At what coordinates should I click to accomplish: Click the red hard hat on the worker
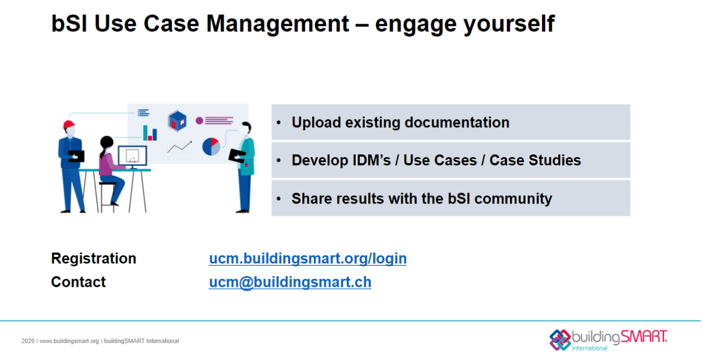point(68,124)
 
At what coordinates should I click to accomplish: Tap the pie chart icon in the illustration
point(211,147)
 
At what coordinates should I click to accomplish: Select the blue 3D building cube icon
point(178,120)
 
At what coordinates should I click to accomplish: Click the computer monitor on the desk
point(132,157)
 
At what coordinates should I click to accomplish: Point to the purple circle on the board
point(200,120)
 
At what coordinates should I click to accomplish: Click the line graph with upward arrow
point(180,147)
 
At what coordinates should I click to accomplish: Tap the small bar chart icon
point(150,133)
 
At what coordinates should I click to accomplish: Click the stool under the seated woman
point(108,196)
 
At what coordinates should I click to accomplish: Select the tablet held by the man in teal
point(237,155)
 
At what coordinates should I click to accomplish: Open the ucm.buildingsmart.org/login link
point(308,259)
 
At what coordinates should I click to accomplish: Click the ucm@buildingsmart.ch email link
point(290,282)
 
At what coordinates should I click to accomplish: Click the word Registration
point(94,259)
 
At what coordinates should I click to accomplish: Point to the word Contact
point(78,282)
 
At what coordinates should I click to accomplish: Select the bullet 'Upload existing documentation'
point(400,122)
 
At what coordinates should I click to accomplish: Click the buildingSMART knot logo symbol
point(560,339)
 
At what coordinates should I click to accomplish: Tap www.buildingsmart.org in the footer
point(69,341)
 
